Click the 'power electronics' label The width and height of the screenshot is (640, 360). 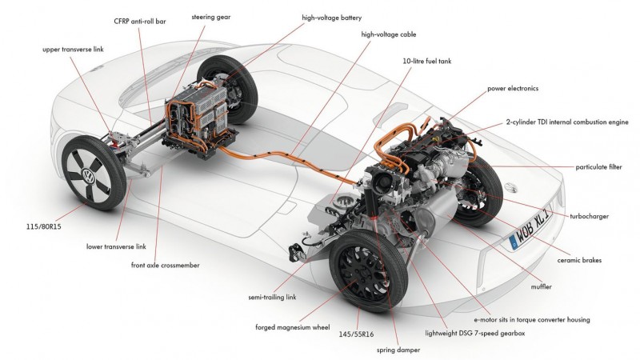tap(514, 87)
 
